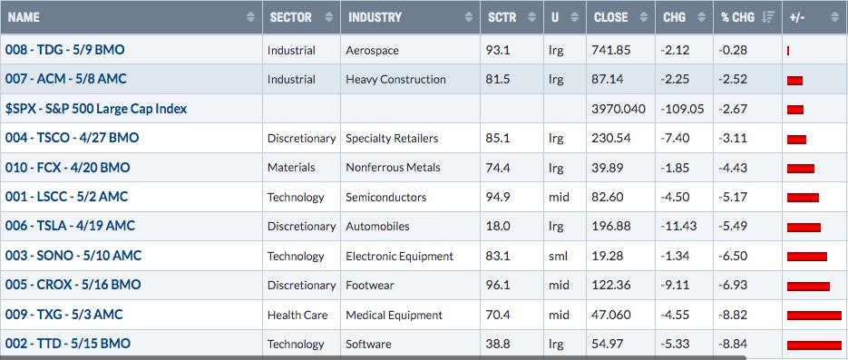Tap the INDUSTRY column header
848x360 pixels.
click(x=375, y=17)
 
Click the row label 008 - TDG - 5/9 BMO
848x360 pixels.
click(x=65, y=50)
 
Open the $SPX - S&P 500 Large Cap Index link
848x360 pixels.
click(x=96, y=109)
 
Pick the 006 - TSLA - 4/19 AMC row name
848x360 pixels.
click(x=71, y=226)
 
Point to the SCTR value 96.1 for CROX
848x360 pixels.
click(x=499, y=285)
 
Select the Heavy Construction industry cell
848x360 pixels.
click(x=395, y=80)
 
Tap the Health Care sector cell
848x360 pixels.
click(x=297, y=315)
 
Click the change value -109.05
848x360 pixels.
click(x=683, y=109)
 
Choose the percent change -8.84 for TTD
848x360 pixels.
click(x=733, y=344)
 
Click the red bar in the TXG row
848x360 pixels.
click(x=814, y=316)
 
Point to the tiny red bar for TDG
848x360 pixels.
click(x=788, y=51)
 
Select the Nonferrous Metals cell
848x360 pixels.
click(x=394, y=168)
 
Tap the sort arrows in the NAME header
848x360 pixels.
click(x=250, y=17)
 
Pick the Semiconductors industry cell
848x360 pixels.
click(x=386, y=198)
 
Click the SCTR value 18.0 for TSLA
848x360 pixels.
click(x=498, y=226)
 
